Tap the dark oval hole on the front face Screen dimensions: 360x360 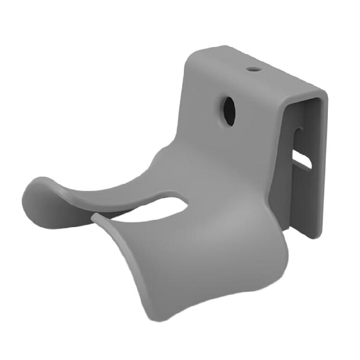pyautogui.click(x=229, y=111)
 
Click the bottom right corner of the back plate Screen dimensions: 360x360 pyautogui.click(x=314, y=237)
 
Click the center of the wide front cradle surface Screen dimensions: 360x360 pyautogui.click(x=192, y=254)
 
